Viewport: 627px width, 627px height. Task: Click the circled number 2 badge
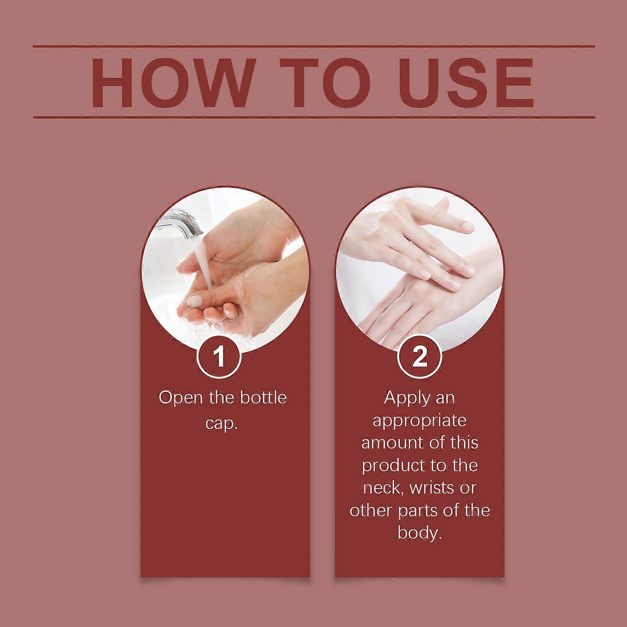[x=420, y=358]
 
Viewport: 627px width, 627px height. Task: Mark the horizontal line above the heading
[x=314, y=46]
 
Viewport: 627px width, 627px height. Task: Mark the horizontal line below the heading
[x=314, y=117]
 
